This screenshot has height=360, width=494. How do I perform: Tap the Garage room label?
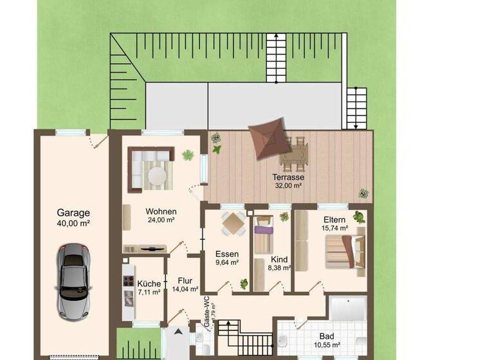[73, 213]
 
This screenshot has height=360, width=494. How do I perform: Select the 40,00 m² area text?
[73, 224]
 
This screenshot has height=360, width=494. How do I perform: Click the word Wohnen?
[161, 211]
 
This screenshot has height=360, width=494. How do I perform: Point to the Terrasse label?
[288, 177]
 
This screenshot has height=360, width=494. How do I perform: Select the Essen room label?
[226, 254]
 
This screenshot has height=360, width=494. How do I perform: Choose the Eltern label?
[334, 219]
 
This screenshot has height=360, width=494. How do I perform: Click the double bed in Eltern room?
[345, 251]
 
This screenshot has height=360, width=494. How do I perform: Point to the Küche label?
[149, 283]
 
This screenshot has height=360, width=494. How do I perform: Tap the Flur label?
[185, 280]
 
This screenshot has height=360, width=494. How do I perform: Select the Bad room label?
[327, 336]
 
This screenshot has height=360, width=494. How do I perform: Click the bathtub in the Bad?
[347, 308]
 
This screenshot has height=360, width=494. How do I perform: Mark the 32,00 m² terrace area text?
[288, 186]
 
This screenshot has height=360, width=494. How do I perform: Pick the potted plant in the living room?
[188, 155]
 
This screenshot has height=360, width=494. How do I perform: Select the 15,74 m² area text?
[334, 228]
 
